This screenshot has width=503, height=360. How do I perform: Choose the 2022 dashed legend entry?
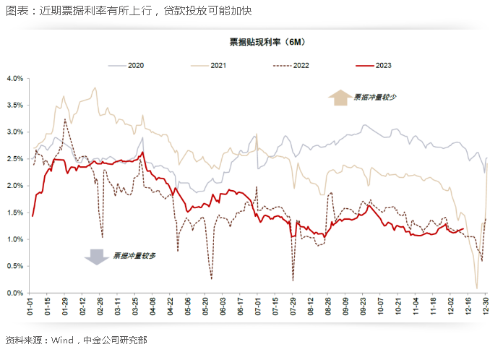[301, 66]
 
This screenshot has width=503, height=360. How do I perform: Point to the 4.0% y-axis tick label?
[16, 78]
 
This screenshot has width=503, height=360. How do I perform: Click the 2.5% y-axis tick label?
[16, 159]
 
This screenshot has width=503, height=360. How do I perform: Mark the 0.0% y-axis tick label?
[16, 293]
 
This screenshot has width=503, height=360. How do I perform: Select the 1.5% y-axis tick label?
[16, 213]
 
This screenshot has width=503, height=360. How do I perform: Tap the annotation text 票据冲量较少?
[376, 96]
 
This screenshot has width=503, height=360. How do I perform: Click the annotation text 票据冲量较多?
[134, 255]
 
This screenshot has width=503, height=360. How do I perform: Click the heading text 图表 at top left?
[15, 11]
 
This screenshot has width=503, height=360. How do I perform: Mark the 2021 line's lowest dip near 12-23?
[477, 288]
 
